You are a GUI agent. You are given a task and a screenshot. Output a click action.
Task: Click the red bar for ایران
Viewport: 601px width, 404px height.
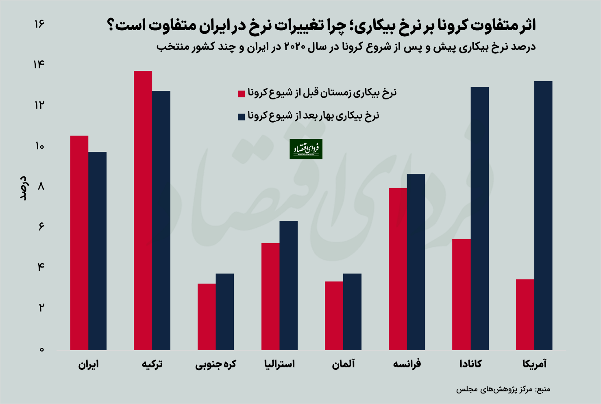[x=79, y=243]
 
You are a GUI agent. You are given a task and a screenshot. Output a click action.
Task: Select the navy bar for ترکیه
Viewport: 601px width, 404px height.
[x=161, y=220]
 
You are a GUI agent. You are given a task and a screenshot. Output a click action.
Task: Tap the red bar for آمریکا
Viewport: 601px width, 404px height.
[x=525, y=314]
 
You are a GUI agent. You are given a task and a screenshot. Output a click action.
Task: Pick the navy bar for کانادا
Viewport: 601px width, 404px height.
[x=480, y=218]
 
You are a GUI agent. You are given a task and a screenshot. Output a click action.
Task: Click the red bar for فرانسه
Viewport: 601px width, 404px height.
[x=398, y=269]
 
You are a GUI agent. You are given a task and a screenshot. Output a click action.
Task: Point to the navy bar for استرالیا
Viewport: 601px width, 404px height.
[x=289, y=285]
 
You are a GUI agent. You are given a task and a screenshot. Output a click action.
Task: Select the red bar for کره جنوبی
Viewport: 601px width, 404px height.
[x=207, y=316]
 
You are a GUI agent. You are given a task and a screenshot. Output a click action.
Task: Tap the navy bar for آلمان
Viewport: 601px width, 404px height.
[x=352, y=312]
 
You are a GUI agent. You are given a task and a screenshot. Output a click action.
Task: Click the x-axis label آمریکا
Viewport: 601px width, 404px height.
[x=534, y=364]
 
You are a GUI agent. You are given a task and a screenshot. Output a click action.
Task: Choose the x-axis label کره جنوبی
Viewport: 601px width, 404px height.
[x=216, y=364]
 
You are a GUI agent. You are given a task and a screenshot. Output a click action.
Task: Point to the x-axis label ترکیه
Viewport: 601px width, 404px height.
[x=152, y=364]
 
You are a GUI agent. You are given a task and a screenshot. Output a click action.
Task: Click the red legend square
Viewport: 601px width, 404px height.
[x=241, y=94]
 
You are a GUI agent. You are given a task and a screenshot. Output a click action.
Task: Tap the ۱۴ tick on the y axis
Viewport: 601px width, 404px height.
[x=39, y=64]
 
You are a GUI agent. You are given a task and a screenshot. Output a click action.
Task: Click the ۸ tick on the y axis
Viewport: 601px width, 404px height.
[x=41, y=187]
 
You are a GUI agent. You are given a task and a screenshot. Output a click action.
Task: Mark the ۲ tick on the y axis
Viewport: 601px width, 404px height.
[x=41, y=307]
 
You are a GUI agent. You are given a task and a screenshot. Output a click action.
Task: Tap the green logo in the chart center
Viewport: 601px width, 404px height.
[x=306, y=149]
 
